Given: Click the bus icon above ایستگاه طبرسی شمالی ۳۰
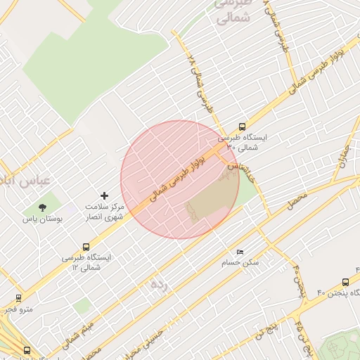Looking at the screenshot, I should (x=243, y=127).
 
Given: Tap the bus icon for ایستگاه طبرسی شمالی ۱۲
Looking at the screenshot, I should (x=86, y=247).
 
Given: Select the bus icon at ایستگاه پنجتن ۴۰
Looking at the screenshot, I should (x=345, y=281).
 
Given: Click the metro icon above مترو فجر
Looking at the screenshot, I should (x=18, y=298).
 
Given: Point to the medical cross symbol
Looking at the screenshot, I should (x=105, y=195).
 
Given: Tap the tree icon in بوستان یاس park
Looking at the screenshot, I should (x=43, y=207).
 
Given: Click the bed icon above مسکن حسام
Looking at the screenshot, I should (x=240, y=252).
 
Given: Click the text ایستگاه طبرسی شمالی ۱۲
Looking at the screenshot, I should (x=86, y=262).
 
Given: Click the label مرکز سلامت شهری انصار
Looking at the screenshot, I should (x=104, y=212).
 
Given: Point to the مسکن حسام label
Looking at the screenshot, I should (x=240, y=262).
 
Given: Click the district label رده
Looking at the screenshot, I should (x=160, y=283).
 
